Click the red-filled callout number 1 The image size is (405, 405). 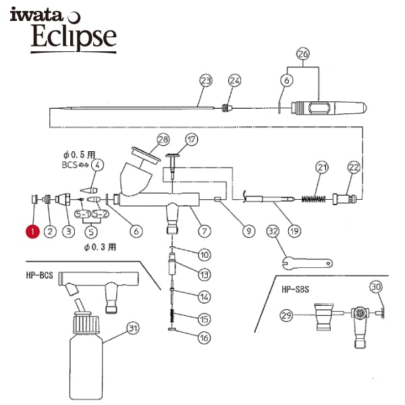32,232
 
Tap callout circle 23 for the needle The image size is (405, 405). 206,81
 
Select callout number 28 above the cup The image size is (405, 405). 163,140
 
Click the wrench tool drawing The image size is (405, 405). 307,263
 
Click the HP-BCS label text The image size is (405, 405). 40,275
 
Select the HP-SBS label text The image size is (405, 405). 295,290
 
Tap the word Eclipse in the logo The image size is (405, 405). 74,36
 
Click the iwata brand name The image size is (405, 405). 36,15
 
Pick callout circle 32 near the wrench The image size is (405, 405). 273,232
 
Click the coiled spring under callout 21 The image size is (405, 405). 314,198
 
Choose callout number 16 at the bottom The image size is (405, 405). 205,337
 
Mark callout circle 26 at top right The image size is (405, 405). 303,54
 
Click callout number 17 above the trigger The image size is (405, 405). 192,140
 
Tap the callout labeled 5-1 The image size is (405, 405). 82,214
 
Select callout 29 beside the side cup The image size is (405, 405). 286,315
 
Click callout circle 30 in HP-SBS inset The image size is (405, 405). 376,287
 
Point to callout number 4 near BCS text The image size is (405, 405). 97,165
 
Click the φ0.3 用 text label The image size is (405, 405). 100,247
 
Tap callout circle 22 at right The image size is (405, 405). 354,167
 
